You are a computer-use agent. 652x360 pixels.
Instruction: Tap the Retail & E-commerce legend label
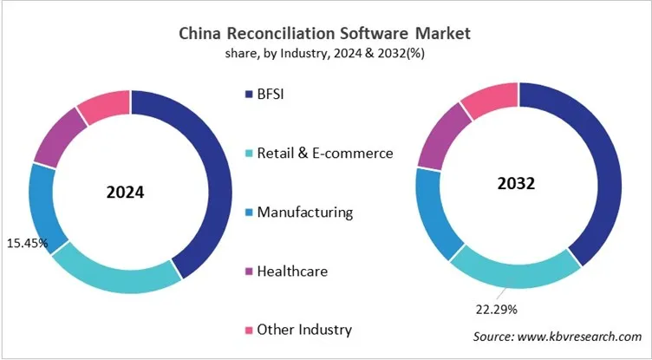325,153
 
